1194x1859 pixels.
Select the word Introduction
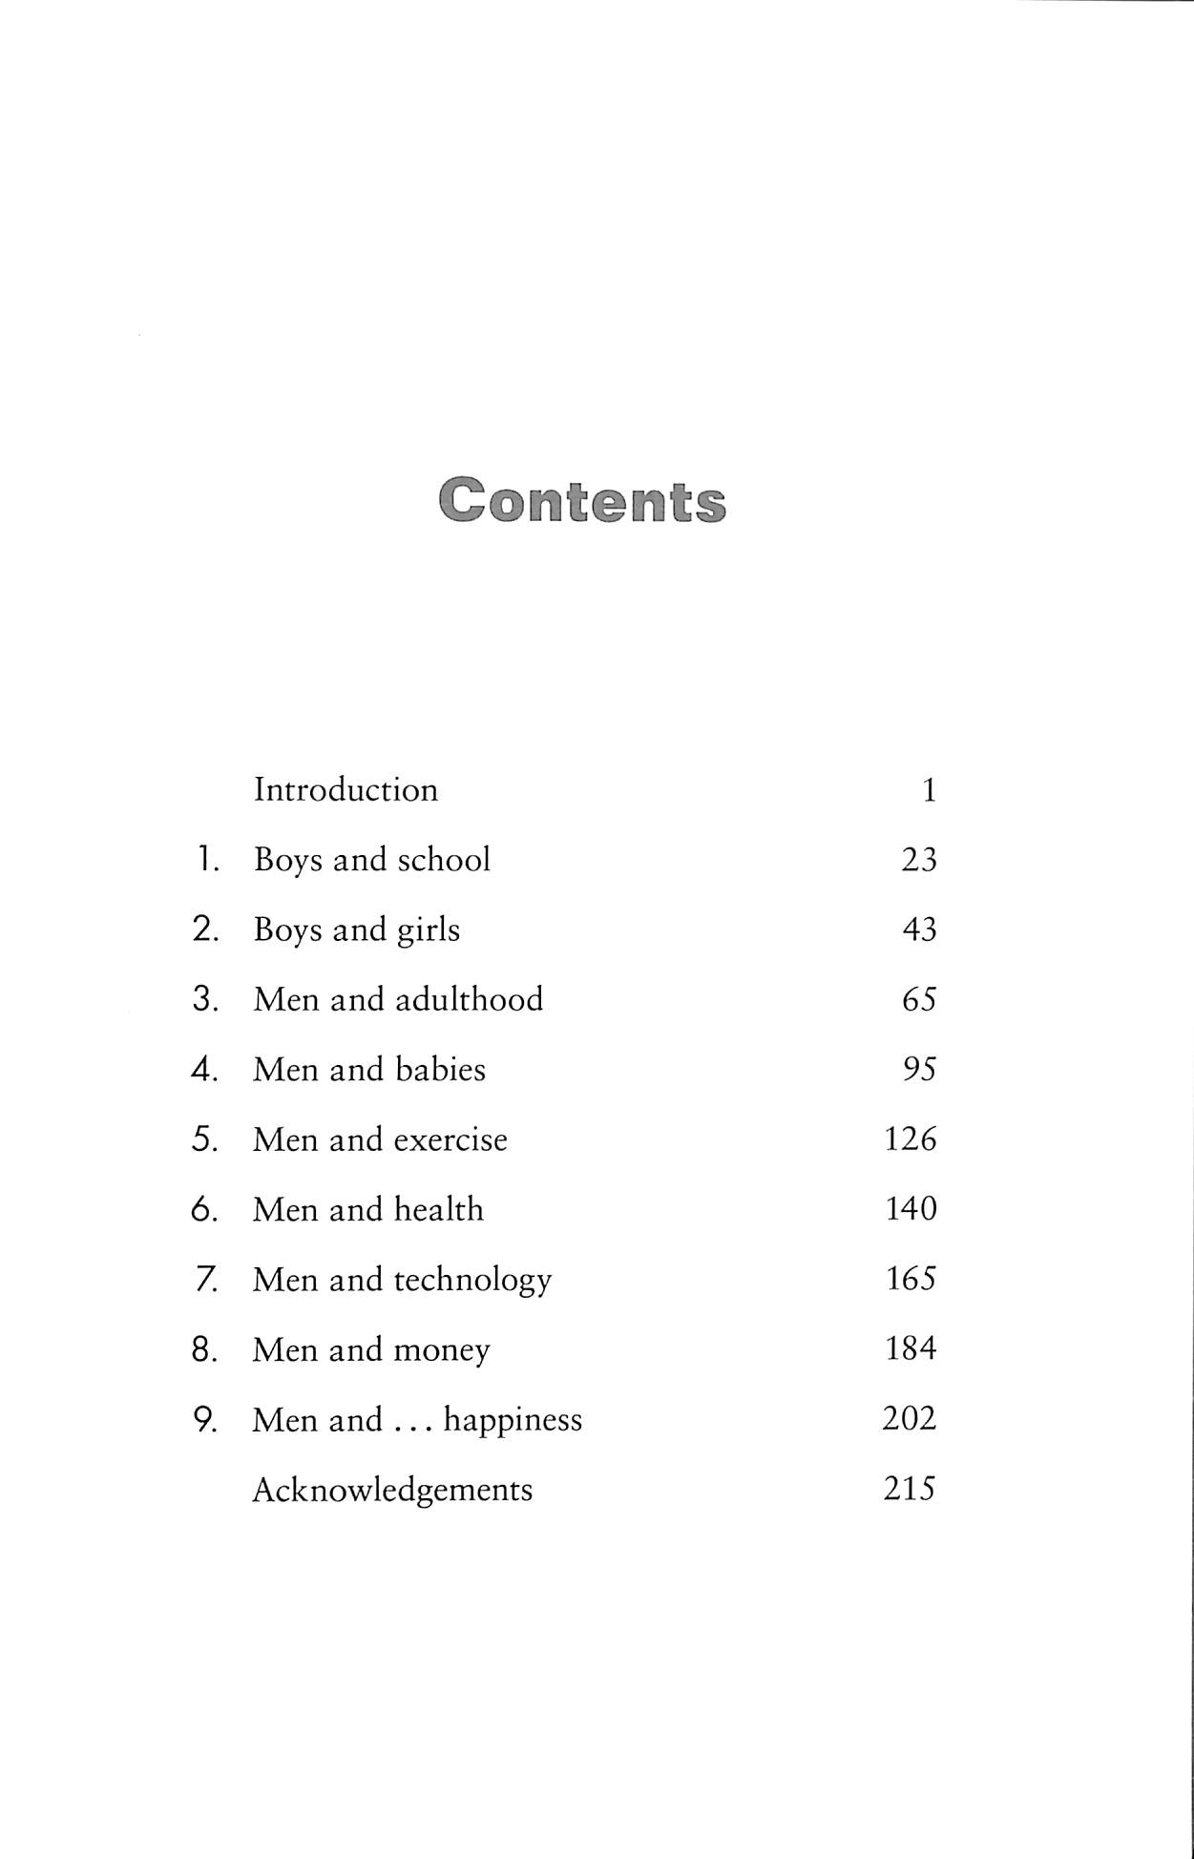coord(346,790)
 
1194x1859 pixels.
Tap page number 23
coord(919,860)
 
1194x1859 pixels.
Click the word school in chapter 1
coord(444,860)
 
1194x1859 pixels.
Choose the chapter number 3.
coord(204,999)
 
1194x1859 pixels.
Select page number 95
coord(919,1069)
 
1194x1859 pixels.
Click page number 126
coord(911,1138)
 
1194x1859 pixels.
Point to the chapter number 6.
coord(203,1209)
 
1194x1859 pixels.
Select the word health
coord(439,1209)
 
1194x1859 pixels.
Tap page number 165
coord(911,1279)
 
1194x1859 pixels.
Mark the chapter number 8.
coord(203,1349)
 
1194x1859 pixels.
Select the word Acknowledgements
coord(392,1490)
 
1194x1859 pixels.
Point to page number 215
coord(910,1489)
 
